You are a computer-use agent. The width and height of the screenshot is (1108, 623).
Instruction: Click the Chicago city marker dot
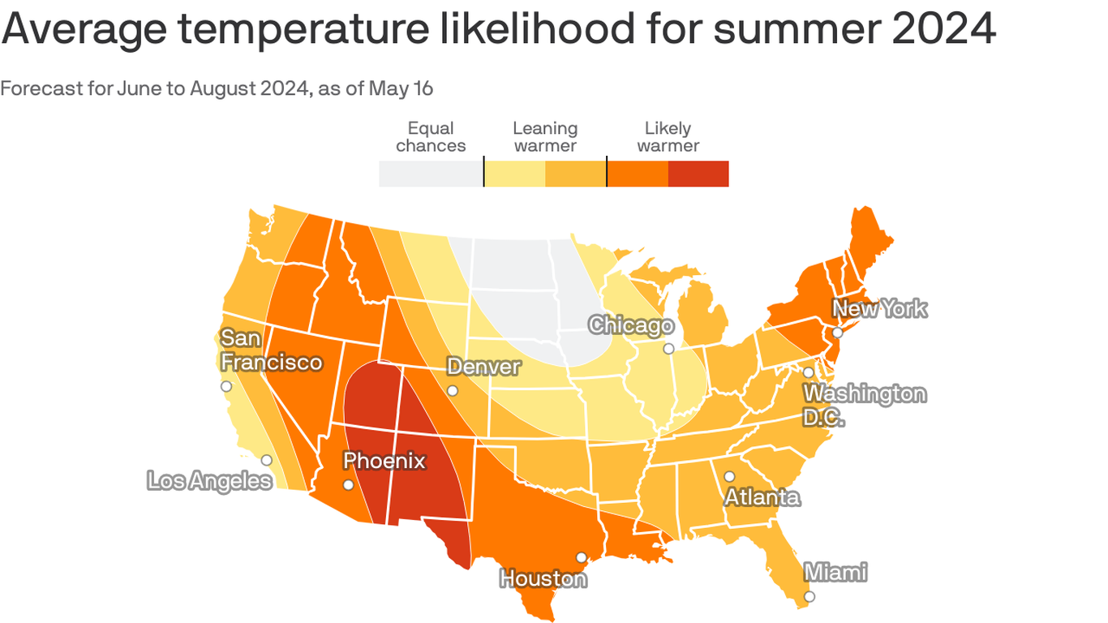click(x=668, y=349)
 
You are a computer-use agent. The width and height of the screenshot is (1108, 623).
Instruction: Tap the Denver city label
click(x=483, y=367)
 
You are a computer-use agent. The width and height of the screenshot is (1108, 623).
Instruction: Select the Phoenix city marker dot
click(x=348, y=485)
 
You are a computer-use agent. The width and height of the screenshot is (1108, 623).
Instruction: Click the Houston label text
click(x=543, y=579)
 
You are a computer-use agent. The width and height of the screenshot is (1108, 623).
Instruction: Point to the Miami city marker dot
click(x=809, y=596)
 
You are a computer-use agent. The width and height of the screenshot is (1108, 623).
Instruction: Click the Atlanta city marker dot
click(x=729, y=477)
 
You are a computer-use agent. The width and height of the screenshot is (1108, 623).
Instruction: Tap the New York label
click(x=880, y=309)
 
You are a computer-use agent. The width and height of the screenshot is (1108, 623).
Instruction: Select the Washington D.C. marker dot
click(x=808, y=372)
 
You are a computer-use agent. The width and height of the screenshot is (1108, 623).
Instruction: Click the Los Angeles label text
click(x=209, y=480)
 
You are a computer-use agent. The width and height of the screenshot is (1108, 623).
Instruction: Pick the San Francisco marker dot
click(x=226, y=386)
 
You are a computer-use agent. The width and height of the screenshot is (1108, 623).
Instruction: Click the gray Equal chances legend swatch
click(x=431, y=174)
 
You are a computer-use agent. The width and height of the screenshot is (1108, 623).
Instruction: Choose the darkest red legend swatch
click(x=698, y=174)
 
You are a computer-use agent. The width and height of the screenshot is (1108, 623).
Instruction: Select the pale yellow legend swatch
click(x=514, y=174)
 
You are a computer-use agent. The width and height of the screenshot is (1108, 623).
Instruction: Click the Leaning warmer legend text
click(x=545, y=137)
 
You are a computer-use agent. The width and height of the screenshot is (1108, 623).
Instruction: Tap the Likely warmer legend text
click(x=668, y=137)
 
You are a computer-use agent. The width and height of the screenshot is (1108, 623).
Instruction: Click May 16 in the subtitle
click(x=401, y=88)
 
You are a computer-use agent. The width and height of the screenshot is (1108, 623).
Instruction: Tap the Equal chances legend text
click(x=431, y=137)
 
